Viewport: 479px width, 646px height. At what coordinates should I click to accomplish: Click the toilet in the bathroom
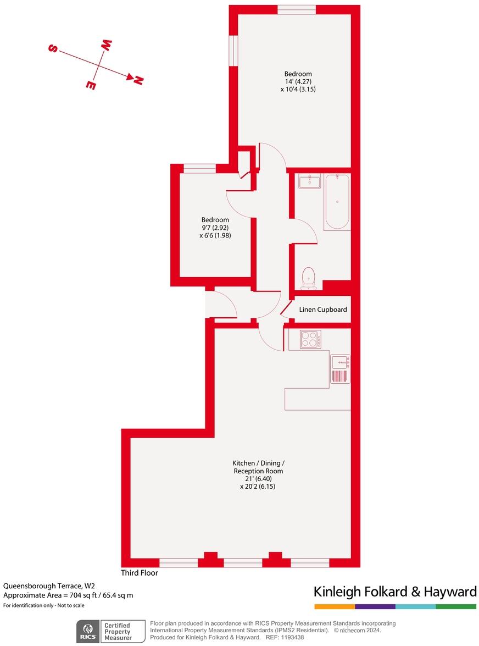309,277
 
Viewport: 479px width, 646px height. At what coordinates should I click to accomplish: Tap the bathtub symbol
337,201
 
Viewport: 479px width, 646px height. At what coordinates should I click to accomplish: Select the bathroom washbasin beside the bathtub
310,181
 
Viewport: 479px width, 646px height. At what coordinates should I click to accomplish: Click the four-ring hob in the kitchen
310,339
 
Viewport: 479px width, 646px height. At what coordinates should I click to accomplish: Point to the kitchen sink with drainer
341,369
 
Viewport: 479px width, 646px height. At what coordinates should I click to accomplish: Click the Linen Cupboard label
323,310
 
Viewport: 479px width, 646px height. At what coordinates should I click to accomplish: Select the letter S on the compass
54,48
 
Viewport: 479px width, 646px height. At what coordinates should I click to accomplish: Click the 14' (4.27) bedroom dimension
298,81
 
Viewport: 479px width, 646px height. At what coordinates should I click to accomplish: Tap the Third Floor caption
140,573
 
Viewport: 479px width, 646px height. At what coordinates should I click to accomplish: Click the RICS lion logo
87,630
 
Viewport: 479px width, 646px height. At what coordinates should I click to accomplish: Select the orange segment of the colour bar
335,606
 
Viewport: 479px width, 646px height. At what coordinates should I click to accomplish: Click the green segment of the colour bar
456,606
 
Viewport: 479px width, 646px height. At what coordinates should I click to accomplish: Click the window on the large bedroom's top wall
297,9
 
